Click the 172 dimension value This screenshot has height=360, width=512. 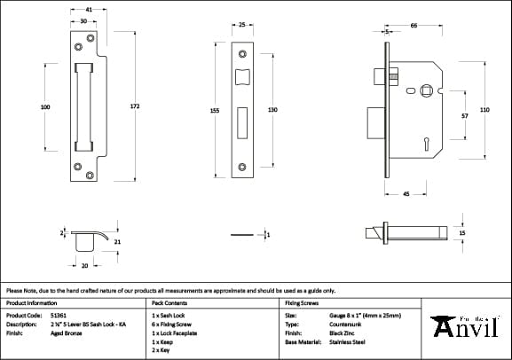(x=135, y=106)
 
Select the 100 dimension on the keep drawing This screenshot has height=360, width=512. (x=45, y=106)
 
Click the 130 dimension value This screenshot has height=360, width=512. (x=273, y=110)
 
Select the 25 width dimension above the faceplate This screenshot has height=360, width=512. (x=242, y=26)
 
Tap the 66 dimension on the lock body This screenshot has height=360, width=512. (x=414, y=26)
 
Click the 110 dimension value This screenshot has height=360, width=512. (x=484, y=109)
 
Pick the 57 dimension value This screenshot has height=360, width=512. (x=464, y=116)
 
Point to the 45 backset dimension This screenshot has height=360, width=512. (x=406, y=192)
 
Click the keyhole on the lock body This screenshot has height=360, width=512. (x=426, y=141)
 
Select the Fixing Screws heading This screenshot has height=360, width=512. (x=302, y=302)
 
